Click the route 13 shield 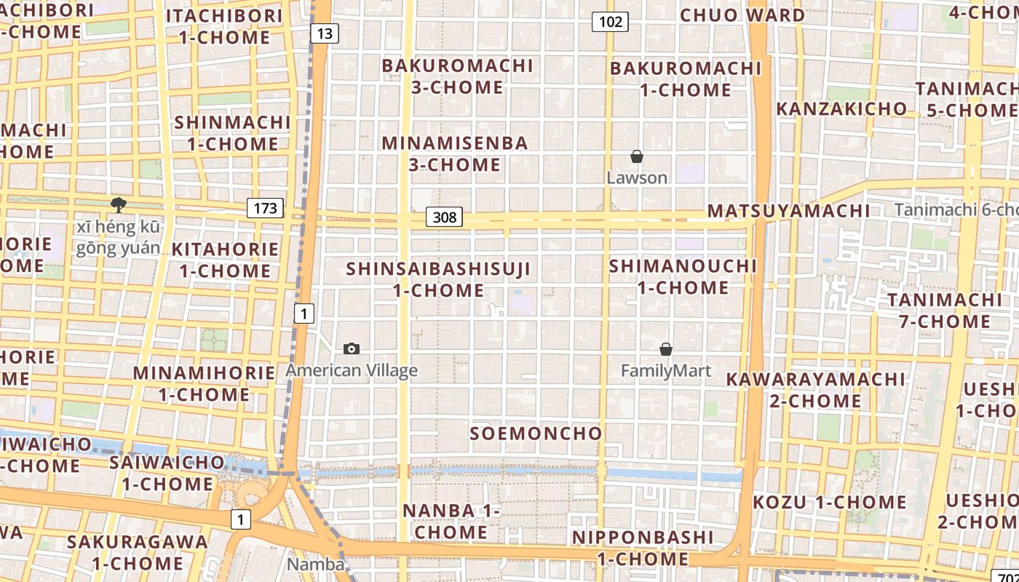[325, 33]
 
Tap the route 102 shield [610, 22]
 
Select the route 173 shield [265, 209]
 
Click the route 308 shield [444, 217]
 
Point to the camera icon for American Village [352, 349]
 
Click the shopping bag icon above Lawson [637, 156]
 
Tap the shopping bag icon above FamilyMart [665, 350]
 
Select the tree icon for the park [118, 205]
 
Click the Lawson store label [637, 178]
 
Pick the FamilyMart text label [665, 371]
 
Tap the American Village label [352, 370]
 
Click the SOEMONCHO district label [536, 434]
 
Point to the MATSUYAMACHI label [788, 211]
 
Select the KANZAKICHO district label [841, 109]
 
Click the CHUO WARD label [742, 15]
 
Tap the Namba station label [315, 565]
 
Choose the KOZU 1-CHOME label [829, 502]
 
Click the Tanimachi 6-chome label [956, 210]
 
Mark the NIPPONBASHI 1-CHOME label [642, 548]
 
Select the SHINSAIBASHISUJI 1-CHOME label [438, 279]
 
